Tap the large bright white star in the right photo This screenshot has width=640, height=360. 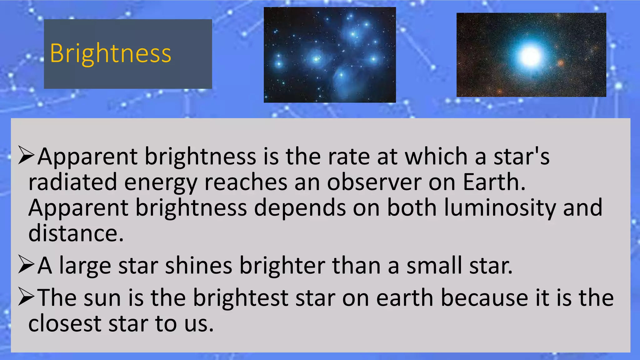tap(530, 56)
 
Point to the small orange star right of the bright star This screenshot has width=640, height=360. tap(561, 63)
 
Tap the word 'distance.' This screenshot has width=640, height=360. tap(76, 233)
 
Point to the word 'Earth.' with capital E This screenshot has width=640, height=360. tap(494, 182)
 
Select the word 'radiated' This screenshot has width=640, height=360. tap(72, 182)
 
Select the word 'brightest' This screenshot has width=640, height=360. tap(241, 298)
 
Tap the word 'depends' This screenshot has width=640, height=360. tap(300, 208)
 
